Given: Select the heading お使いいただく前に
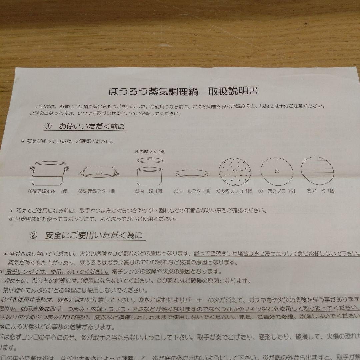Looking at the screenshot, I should pos(92,127).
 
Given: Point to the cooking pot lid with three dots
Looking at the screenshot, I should pos(99,172).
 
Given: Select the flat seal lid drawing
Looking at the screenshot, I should pos(192,174).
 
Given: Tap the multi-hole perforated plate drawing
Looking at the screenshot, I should pos(235,171).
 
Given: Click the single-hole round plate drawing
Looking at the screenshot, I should pos(277,171).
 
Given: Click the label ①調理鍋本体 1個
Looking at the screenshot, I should pos(48,191).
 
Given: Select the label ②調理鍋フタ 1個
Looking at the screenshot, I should pos(97,191).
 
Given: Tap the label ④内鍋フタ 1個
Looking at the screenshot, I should pos(150,151).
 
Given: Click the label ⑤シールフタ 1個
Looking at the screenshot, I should pos(192,191).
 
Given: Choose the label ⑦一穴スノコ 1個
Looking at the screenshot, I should pos(277,191).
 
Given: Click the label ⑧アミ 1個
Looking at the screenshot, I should pos(320,191).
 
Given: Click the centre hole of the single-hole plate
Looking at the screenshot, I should pos(277,171).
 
